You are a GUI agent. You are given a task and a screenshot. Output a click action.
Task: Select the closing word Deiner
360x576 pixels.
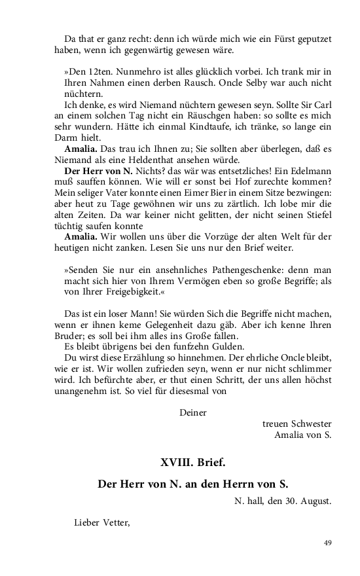pos(192,413)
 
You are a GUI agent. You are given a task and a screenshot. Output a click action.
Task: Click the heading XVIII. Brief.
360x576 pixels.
pos(192,462)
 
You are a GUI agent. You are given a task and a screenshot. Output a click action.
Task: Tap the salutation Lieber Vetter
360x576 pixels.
pos(103,522)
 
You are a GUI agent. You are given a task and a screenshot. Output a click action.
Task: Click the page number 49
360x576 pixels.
pos(328,543)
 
